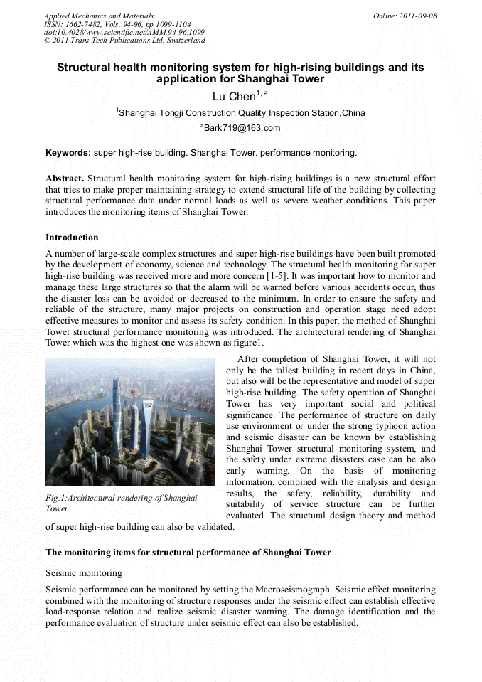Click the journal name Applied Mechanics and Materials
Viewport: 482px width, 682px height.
(x=98, y=16)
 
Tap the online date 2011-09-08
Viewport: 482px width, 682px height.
(x=415, y=16)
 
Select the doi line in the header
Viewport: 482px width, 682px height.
(x=124, y=32)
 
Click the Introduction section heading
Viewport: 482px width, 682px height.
(x=72, y=237)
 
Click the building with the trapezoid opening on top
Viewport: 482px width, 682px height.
(x=147, y=427)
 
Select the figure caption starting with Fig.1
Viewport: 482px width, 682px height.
(x=121, y=503)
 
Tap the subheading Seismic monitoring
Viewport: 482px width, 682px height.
(x=84, y=572)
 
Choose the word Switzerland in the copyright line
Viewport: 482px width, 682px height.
(x=186, y=41)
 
